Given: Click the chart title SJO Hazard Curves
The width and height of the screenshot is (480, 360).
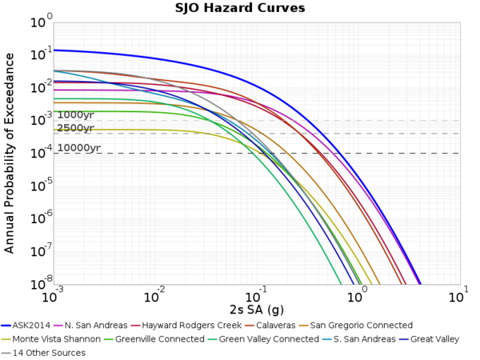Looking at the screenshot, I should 240,8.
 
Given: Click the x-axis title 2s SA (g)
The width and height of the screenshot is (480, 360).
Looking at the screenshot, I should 254,309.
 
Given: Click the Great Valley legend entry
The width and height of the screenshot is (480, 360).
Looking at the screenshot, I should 434,339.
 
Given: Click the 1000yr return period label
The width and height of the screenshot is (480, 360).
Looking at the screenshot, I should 76,115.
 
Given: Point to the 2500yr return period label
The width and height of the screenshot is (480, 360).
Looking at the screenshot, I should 76,128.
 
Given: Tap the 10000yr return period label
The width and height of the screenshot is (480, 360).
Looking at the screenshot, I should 78,148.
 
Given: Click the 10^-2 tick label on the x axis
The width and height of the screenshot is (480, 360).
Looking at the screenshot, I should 153,297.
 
